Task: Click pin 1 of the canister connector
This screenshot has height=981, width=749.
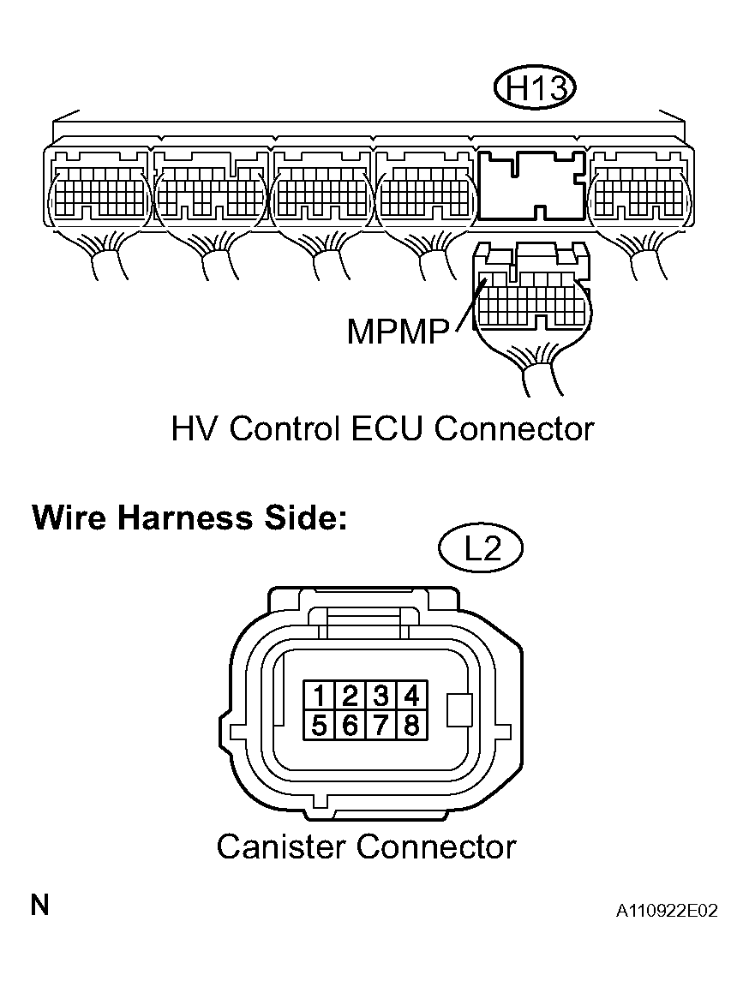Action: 319,696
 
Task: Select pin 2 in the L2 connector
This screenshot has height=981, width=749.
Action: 350,696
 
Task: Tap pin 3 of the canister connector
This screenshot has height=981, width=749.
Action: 380,696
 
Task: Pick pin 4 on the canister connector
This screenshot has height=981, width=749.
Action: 411,696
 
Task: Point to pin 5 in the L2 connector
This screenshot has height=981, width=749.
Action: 319,725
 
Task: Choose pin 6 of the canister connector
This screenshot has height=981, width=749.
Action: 350,725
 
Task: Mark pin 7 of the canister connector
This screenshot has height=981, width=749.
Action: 380,725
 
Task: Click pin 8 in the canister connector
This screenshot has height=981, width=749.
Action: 411,725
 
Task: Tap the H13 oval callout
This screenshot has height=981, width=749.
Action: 535,89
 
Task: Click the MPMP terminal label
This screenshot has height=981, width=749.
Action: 398,332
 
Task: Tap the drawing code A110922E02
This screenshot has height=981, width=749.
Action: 667,911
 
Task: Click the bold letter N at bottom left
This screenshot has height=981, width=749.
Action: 40,906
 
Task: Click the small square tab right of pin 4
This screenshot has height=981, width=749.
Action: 459,710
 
